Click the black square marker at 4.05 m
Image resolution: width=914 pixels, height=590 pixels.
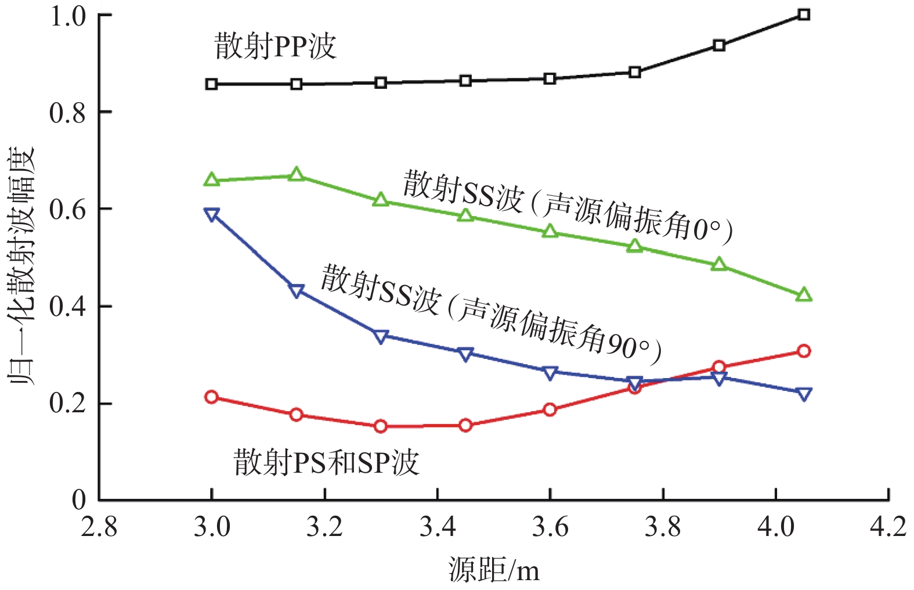803,15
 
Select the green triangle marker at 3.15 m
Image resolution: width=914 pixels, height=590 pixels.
296,175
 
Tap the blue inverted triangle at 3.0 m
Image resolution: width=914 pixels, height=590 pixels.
212,215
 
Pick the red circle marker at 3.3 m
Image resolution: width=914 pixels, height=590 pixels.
381,426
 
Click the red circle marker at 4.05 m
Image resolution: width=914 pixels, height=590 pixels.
803,351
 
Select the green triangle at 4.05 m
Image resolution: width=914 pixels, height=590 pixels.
803,295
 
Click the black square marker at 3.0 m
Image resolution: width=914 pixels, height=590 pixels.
212,84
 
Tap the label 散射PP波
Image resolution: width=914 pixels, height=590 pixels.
276,46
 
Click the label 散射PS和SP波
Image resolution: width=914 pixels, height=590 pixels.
326,462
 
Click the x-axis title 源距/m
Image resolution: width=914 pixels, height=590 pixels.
494,570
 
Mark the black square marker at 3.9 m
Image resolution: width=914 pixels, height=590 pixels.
719,45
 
